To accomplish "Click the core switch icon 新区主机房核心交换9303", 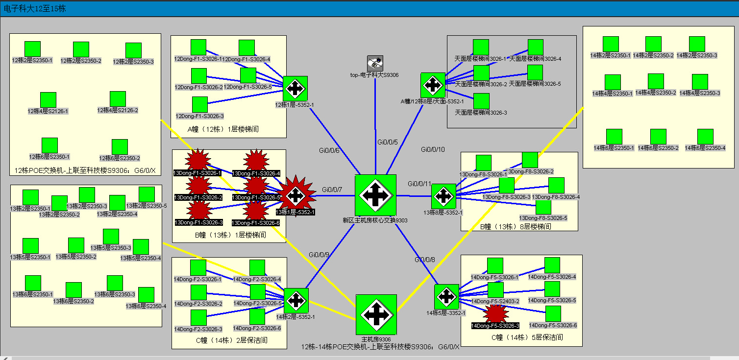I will [x=375, y=195].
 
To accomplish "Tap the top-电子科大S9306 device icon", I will [x=375, y=63].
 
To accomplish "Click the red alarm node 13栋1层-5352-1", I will [x=296, y=195].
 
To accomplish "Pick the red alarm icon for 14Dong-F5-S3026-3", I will [x=496, y=313].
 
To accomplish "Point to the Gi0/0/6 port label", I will [x=329, y=150].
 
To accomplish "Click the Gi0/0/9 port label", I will [x=319, y=255].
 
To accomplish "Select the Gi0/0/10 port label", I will [x=433, y=149].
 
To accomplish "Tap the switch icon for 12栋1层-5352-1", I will [x=296, y=88].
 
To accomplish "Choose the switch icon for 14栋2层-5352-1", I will [x=296, y=300].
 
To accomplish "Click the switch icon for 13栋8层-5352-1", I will [x=443, y=196].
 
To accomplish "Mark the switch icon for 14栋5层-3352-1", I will [x=446, y=296].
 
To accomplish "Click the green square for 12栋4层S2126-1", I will [x=48, y=100].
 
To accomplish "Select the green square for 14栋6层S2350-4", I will [x=705, y=137].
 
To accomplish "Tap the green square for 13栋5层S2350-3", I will [x=111, y=237].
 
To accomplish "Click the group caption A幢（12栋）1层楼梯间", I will [x=223, y=129].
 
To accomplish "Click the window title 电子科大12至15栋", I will [x=35, y=9].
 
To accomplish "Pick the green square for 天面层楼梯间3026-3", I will [x=482, y=101].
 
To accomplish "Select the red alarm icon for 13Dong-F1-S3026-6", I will [x=256, y=210].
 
